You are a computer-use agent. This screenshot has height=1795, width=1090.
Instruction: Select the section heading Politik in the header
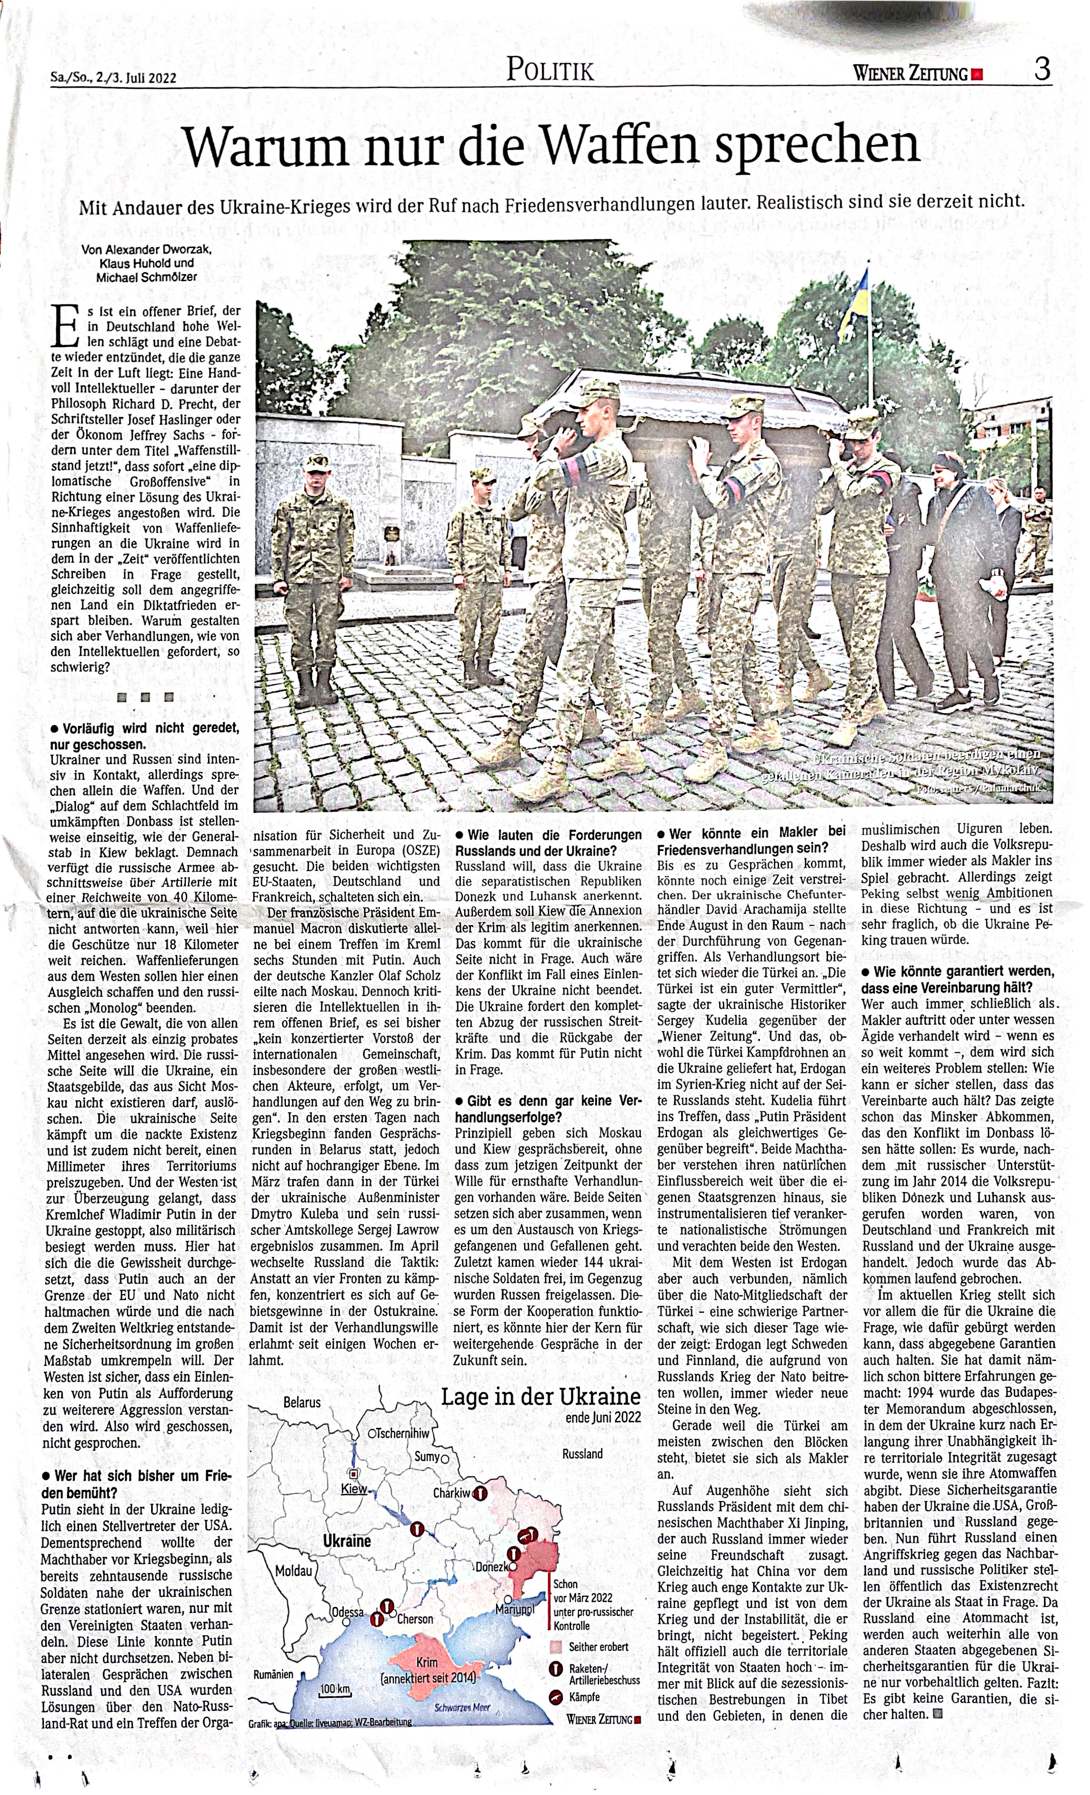pyautogui.click(x=550, y=71)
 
